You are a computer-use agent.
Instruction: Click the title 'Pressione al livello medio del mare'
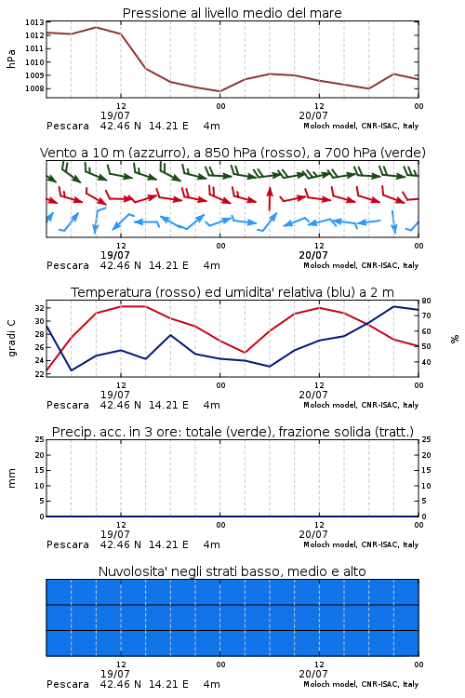tap(232, 13)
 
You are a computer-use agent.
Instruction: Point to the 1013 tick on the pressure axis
tap(34, 21)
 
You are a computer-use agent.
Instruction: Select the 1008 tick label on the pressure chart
tap(34, 88)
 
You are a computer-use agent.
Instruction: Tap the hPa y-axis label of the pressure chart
tap(11, 59)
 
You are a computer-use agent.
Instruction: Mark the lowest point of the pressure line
tap(219, 91)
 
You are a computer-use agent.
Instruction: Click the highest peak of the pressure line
tap(96, 27)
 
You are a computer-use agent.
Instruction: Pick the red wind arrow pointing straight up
tap(269, 198)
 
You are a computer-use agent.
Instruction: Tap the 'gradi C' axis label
tap(12, 338)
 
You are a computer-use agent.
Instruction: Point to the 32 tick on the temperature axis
tap(39, 308)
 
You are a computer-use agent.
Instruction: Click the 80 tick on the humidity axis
tap(426, 301)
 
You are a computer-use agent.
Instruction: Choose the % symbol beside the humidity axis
tap(455, 339)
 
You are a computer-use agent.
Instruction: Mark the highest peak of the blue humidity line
tap(393, 306)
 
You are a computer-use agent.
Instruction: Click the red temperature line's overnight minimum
tap(245, 353)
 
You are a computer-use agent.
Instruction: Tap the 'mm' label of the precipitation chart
tap(11, 477)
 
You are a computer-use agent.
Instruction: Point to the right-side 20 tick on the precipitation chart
tap(426, 455)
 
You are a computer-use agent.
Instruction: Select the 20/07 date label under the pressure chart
tap(313, 115)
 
